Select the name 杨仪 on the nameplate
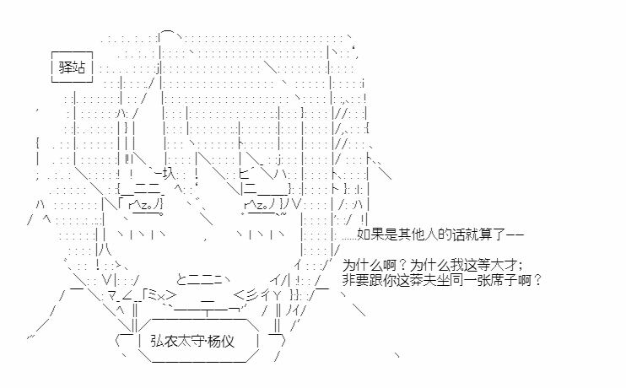click(x=227, y=342)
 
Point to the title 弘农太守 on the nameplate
click(x=179, y=342)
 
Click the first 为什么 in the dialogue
click(x=363, y=265)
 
